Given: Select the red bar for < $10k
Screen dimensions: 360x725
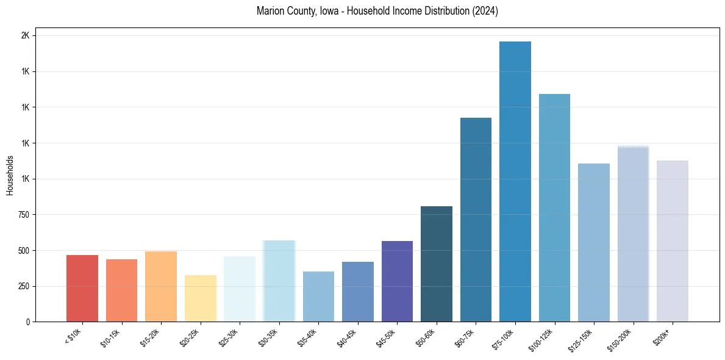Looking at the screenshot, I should (82, 288).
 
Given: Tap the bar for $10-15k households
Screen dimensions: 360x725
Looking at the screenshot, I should (121, 290).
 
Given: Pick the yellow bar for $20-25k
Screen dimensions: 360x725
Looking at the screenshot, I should (201, 298).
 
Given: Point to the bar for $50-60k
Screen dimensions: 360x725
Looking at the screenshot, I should (437, 264).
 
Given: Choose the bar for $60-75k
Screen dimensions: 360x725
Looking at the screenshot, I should (476, 220).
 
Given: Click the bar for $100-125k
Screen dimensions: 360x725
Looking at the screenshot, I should (554, 207).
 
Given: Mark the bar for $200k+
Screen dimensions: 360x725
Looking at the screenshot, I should (673, 241).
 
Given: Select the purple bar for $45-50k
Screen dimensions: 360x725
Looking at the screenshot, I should (397, 281).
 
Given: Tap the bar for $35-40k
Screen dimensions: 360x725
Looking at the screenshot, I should (318, 297).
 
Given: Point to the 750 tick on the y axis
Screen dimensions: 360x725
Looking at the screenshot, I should (23, 215).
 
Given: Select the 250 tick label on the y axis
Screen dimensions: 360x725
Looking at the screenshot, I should (23, 286).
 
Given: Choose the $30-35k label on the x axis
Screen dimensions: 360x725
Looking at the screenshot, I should (269, 338).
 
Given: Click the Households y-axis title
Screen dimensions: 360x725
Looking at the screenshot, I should (10, 175).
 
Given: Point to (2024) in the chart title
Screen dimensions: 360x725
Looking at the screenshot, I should (484, 11).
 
